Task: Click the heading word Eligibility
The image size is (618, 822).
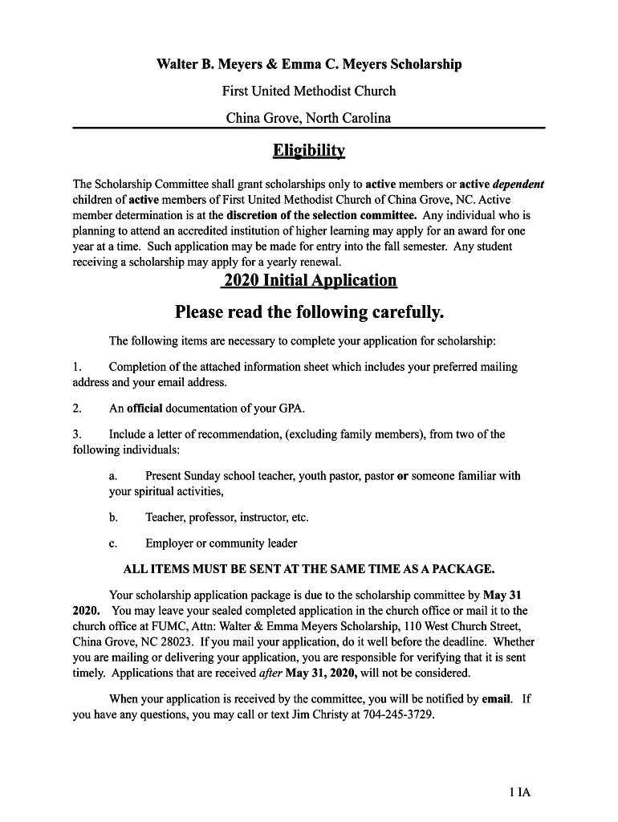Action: tap(309, 150)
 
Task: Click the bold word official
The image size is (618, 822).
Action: tap(144, 408)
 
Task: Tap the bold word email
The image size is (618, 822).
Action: tap(497, 698)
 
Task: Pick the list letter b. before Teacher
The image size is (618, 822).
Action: tap(114, 517)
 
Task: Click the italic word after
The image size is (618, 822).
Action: tap(271, 673)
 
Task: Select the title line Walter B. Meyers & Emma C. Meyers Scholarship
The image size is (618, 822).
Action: tap(309, 64)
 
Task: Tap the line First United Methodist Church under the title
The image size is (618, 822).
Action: tap(309, 91)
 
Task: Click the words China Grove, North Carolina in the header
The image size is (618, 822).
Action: tap(309, 118)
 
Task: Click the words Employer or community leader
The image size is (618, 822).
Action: tap(222, 543)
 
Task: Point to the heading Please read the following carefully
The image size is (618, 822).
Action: tap(309, 311)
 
